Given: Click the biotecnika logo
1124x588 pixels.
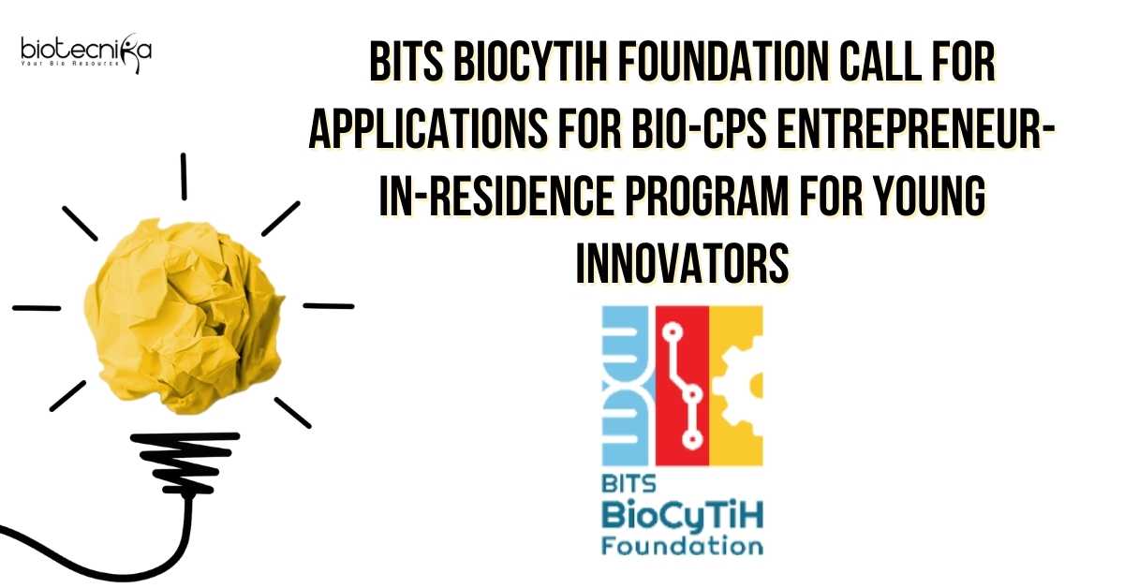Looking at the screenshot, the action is tap(86, 52).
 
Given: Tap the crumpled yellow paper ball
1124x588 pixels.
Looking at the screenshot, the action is tap(184, 316).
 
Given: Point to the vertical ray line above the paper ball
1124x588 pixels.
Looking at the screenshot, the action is tap(185, 176).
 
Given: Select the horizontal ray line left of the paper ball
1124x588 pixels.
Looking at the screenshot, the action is tap(37, 307).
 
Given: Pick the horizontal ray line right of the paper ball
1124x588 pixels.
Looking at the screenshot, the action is tap(329, 305).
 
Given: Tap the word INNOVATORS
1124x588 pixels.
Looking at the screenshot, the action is tap(683, 263).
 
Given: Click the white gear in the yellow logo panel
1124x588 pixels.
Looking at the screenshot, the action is tap(739, 385).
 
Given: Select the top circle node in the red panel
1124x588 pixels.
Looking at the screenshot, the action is tap(673, 332).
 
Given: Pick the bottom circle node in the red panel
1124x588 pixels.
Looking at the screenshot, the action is tap(693, 440).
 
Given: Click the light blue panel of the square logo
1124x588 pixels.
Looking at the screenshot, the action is tap(629, 386).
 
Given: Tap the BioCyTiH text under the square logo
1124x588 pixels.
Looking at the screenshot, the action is tap(683, 516).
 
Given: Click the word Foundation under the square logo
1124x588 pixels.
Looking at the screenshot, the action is tap(683, 546).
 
